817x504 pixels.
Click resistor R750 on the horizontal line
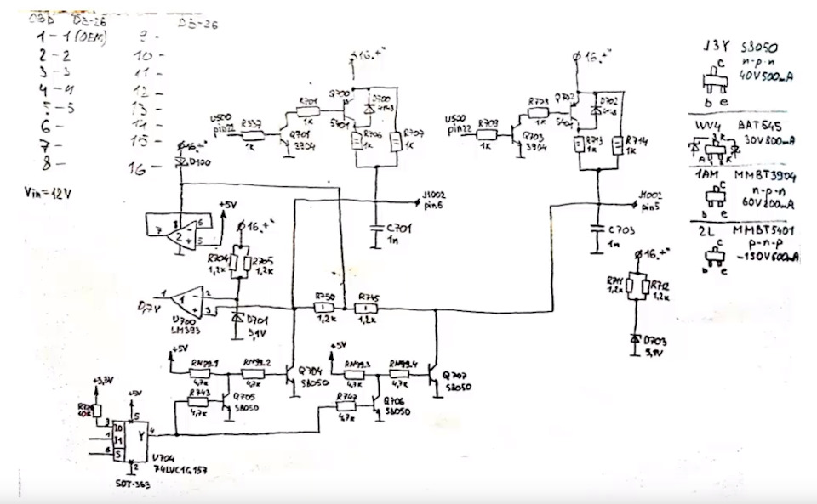click(323, 307)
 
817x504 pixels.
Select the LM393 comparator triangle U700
click(185, 301)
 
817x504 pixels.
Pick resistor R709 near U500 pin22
click(488, 133)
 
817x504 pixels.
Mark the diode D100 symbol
click(180, 161)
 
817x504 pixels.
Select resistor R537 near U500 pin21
click(250, 133)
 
